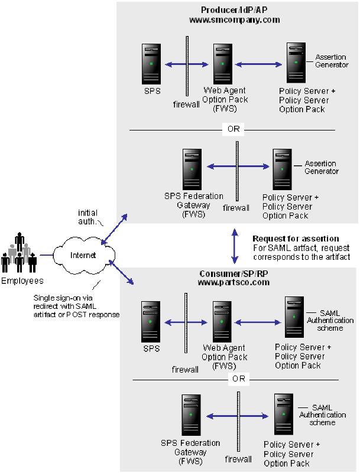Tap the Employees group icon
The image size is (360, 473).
click(x=19, y=254)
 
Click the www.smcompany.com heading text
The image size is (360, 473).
click(x=234, y=19)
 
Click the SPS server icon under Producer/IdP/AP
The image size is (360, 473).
click(x=151, y=64)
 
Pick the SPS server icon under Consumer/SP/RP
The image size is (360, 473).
click(x=151, y=322)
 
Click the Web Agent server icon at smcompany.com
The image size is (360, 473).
click(x=223, y=64)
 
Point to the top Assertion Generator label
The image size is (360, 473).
click(x=332, y=61)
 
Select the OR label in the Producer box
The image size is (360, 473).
click(x=233, y=129)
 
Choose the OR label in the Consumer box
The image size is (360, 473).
click(x=238, y=379)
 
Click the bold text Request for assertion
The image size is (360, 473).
click(x=295, y=239)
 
